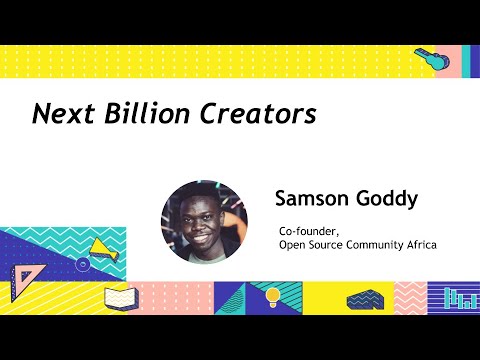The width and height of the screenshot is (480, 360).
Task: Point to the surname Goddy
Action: [386, 198]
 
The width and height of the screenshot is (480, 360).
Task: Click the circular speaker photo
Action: [204, 222]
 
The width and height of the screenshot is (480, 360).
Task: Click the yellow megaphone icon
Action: [101, 249]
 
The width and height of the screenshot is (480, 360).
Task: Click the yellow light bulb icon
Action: [271, 297]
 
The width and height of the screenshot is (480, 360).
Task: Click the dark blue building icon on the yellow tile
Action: [361, 297]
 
